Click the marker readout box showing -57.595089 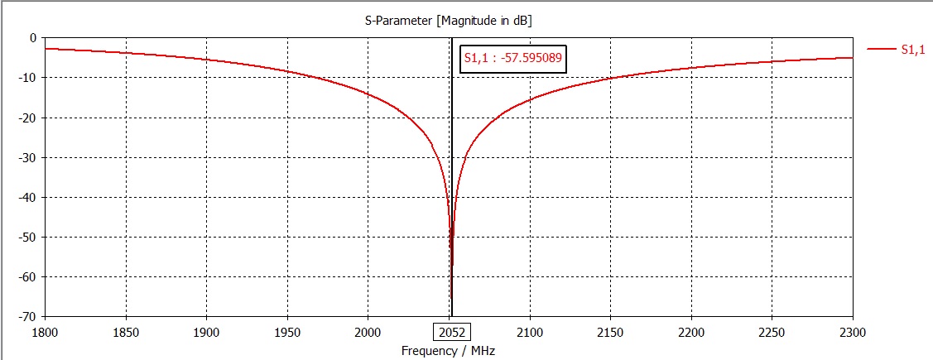point(512,58)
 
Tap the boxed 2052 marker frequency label point(452,333)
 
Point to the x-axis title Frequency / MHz point(449,350)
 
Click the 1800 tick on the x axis point(45,333)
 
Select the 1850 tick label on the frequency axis point(126,333)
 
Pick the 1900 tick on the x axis point(206,333)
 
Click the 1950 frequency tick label point(287,333)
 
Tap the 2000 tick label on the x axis point(368,333)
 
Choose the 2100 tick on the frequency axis point(529,333)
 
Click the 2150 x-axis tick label point(610,333)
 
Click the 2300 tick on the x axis point(852,333)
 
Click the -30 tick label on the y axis point(28,157)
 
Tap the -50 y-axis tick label point(28,238)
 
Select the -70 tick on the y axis point(28,317)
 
